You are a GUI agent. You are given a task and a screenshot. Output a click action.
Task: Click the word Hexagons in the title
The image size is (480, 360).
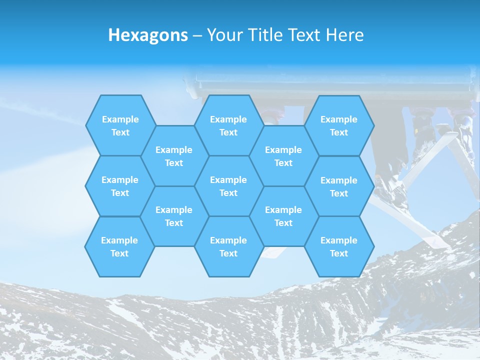[x=148, y=35]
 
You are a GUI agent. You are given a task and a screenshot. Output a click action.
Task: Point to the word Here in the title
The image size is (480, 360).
[x=344, y=35]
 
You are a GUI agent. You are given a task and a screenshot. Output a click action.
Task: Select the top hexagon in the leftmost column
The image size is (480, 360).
[x=120, y=125]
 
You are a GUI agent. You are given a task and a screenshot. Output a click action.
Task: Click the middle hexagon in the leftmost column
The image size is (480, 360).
[x=120, y=186]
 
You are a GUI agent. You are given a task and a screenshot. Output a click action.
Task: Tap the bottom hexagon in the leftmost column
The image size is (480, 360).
[x=119, y=246]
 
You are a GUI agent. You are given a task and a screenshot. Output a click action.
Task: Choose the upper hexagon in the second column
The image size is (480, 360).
[x=174, y=156]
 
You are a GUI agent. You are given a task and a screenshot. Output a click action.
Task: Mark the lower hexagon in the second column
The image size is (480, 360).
[x=174, y=216]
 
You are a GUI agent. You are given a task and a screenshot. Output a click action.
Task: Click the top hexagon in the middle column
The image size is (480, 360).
[x=228, y=125]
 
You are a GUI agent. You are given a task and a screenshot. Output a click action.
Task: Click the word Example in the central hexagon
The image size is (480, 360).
[x=228, y=180]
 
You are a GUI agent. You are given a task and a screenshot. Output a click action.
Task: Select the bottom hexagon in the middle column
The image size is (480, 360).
[x=228, y=246]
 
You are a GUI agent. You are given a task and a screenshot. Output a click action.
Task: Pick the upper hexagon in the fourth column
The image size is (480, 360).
[x=283, y=156]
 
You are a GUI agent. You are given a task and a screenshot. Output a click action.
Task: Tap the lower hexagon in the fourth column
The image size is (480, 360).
[x=283, y=216]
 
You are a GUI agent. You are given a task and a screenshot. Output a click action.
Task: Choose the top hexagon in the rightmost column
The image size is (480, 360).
[x=339, y=125]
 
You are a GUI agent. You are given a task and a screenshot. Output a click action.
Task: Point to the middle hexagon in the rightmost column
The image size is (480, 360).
[x=339, y=186]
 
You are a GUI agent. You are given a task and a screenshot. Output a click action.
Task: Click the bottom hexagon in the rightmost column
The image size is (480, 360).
[x=339, y=246]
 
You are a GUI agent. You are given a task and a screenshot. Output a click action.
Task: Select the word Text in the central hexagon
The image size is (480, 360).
[x=228, y=193]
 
